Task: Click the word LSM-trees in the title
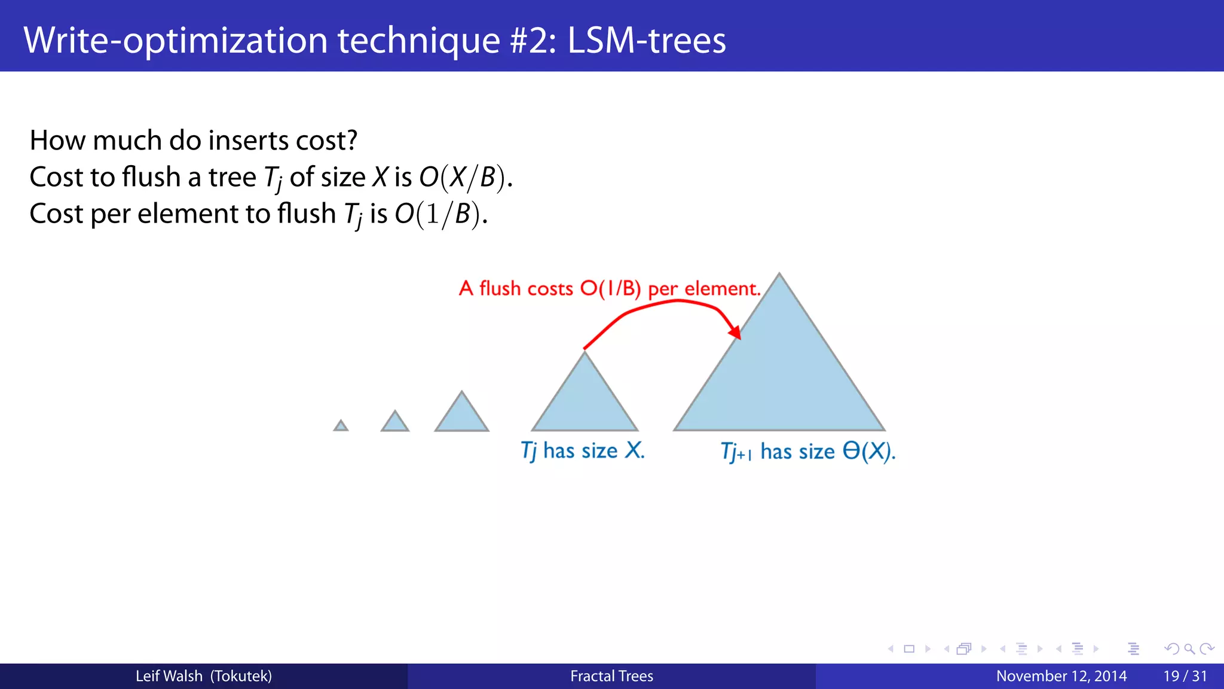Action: (646, 40)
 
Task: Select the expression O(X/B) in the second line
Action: (465, 178)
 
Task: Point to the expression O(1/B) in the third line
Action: (440, 214)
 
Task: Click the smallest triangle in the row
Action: (341, 426)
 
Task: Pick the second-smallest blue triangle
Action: (395, 422)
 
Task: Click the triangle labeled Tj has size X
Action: (585, 401)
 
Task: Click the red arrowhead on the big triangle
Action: (736, 332)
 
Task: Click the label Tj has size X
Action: (583, 450)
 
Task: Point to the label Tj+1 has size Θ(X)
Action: (807, 452)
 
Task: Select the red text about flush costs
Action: (610, 289)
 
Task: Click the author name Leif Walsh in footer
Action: (169, 676)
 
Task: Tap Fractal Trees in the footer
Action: (611, 676)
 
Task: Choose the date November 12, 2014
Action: (1061, 676)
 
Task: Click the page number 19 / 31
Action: (1185, 676)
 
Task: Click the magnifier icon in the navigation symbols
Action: (1189, 649)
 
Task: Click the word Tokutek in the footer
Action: (241, 676)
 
